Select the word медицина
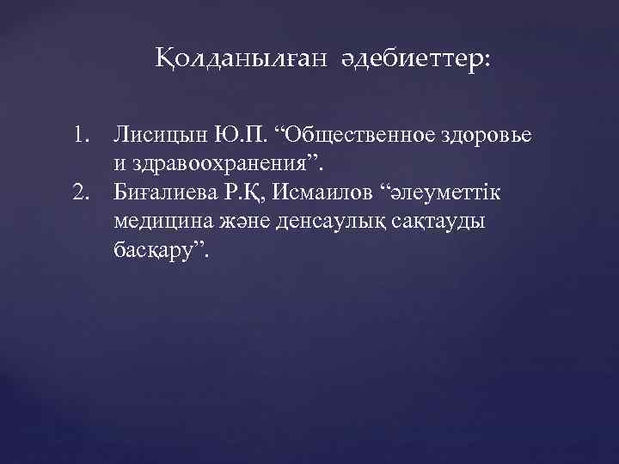point(158,219)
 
